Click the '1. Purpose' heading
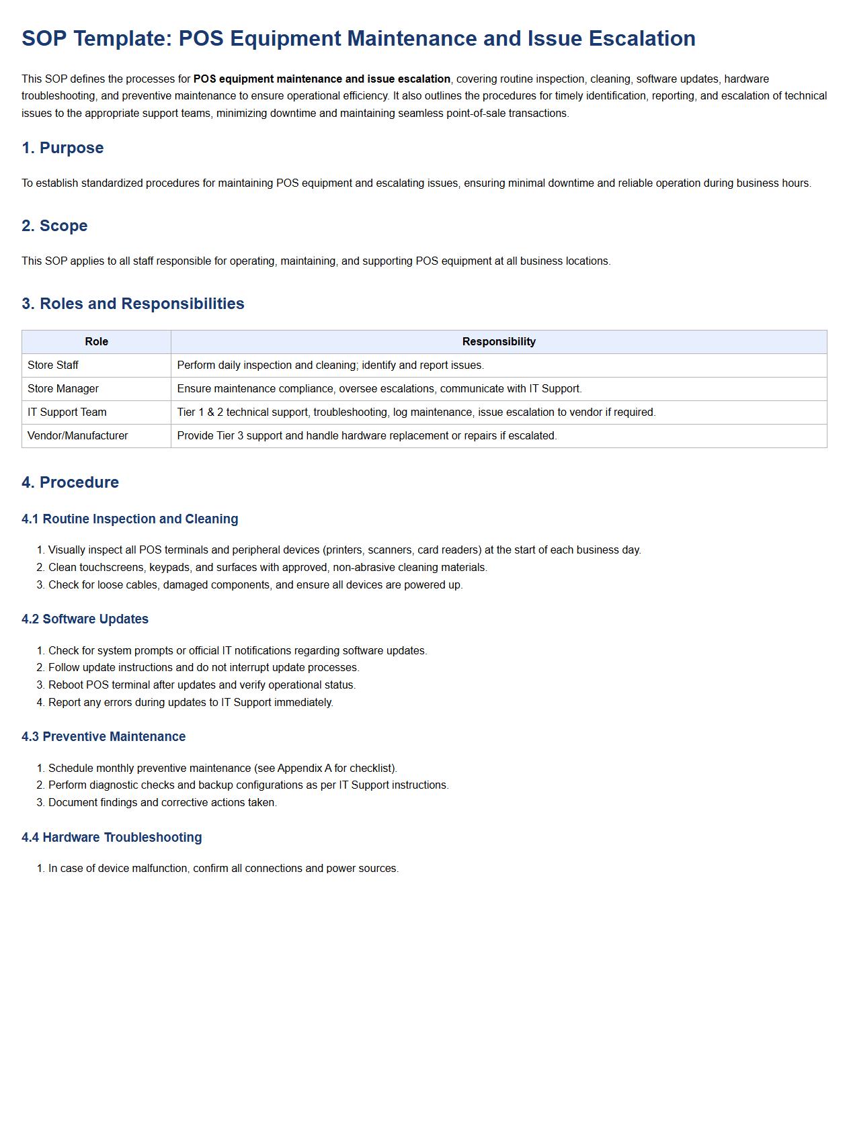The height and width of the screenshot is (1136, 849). coord(63,148)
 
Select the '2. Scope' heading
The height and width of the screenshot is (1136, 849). coord(54,226)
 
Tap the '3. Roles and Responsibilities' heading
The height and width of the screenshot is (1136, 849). coord(133,304)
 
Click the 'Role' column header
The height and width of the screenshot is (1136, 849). coord(96,342)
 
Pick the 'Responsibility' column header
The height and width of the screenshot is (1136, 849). coord(499,342)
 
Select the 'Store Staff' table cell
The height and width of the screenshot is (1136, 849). coord(53,365)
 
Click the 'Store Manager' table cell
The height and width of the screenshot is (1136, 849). coord(63,389)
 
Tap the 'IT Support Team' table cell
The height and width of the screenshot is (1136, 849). coord(67,412)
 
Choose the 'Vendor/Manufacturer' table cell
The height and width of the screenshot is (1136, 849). coord(78,436)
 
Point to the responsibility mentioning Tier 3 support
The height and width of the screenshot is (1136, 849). coord(367,436)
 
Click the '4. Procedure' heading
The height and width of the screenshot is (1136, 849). coord(70,482)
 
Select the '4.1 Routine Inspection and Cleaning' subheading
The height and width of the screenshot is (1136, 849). coord(130,519)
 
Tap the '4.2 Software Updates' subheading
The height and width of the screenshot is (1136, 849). coord(85,619)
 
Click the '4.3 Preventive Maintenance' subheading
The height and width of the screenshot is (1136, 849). coord(104,737)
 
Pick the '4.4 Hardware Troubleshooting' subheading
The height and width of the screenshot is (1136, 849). coord(112,838)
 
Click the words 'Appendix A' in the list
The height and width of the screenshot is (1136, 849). coord(305,769)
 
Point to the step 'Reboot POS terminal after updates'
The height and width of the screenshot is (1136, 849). coord(202,685)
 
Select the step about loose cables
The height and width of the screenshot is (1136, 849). coord(255,585)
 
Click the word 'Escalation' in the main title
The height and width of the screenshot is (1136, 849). coord(642,38)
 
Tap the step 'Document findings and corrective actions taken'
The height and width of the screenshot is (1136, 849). coord(163,803)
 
